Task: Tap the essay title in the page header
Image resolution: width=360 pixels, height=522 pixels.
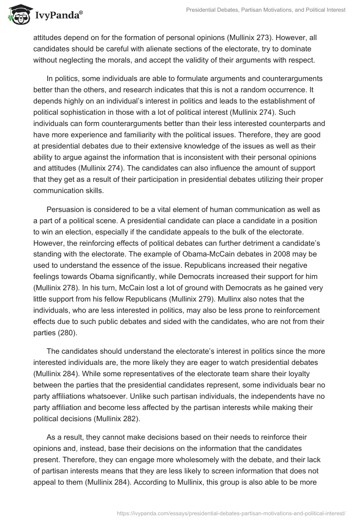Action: click(266, 9)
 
